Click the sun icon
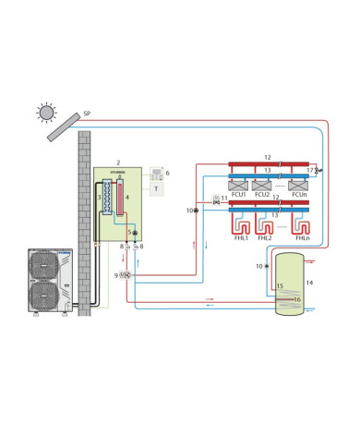(x=46, y=112)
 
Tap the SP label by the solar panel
(x=87, y=113)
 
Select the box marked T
(x=156, y=189)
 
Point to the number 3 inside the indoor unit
(x=99, y=197)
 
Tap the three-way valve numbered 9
(x=126, y=275)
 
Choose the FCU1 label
(x=237, y=195)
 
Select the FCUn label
(x=298, y=195)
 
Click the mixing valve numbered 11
(x=216, y=202)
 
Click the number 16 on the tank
(x=297, y=299)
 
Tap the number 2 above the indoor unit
(x=118, y=162)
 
